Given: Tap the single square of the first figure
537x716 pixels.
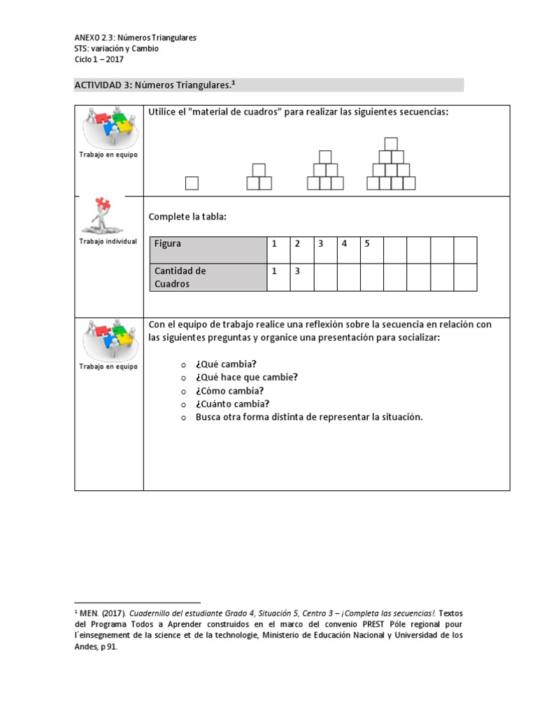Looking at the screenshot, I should [x=192, y=183].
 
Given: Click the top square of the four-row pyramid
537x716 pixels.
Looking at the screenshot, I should [x=392, y=145].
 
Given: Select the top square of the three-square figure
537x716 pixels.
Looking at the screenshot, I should [x=259, y=170].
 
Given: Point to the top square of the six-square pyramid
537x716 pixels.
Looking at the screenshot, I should [x=325, y=157].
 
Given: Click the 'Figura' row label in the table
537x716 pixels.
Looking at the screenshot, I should [x=168, y=243].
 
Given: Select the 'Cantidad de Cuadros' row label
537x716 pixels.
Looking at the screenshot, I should [x=180, y=277].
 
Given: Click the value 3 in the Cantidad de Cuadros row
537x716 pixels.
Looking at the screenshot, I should [x=297, y=271].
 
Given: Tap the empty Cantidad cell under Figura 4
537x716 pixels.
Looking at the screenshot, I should [x=348, y=277].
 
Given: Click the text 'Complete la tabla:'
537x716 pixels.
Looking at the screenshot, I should [x=187, y=217].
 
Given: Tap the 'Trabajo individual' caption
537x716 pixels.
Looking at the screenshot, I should [x=108, y=241].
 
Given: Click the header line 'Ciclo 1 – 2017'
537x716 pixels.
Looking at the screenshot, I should [x=99, y=60].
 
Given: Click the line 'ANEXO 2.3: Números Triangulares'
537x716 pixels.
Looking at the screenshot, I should [x=135, y=38].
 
